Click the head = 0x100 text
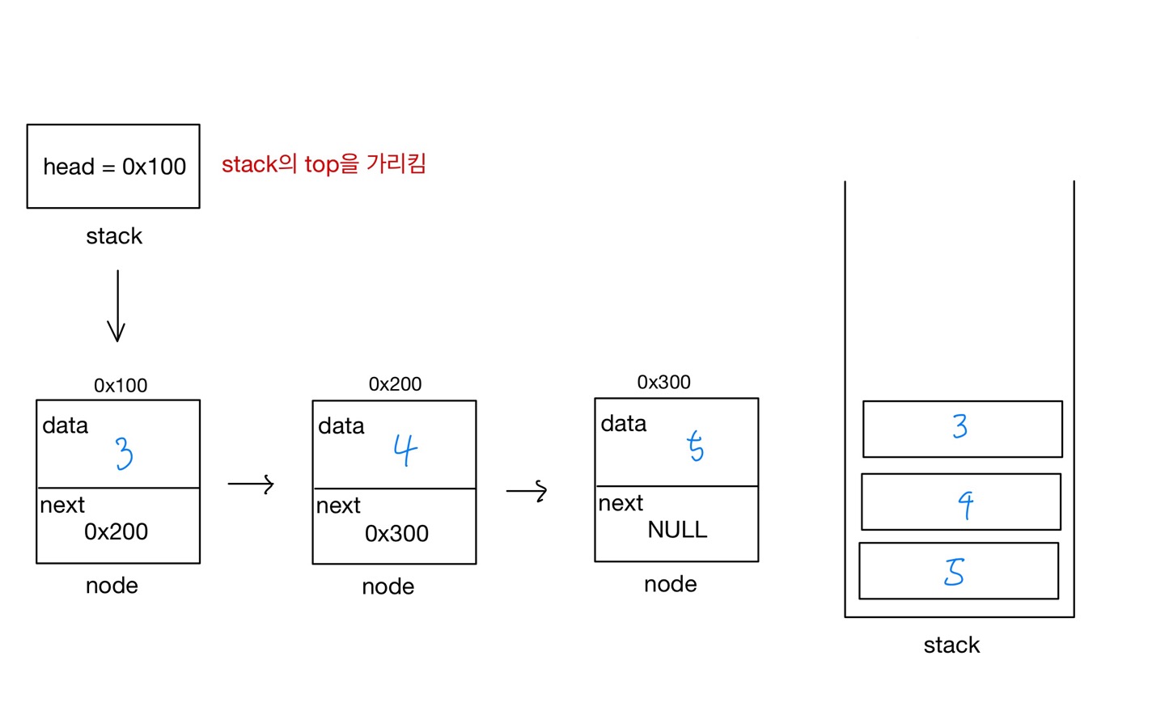click(x=114, y=167)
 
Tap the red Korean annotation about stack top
click(x=324, y=164)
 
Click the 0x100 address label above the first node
click(x=121, y=386)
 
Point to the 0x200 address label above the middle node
click(x=395, y=384)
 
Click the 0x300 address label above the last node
click(x=663, y=383)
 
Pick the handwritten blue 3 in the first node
click(x=124, y=453)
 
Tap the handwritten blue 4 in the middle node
click(x=405, y=450)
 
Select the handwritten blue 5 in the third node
click(x=695, y=446)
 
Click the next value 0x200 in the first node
click(x=116, y=531)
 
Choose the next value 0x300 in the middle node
click(x=396, y=533)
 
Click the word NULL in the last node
click(x=677, y=530)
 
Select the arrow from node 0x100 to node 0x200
click(x=251, y=485)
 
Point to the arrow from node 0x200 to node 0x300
click(x=527, y=491)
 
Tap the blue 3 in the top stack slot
click(x=960, y=426)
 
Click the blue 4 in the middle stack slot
click(x=965, y=505)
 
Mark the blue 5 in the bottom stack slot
click(x=955, y=571)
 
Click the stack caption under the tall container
click(x=951, y=645)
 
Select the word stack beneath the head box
click(x=114, y=236)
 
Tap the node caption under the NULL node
click(x=670, y=584)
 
